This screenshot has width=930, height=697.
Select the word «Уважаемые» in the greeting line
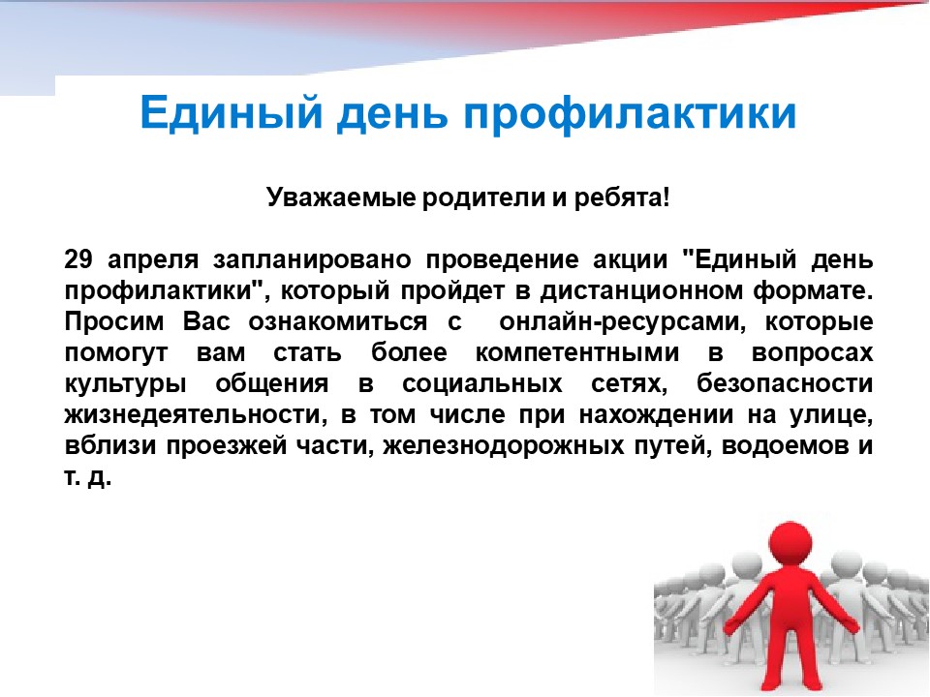point(341,197)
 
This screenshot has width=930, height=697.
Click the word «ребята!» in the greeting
point(622,197)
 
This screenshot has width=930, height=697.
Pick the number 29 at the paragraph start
point(79,259)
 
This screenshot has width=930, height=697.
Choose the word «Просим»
point(114,322)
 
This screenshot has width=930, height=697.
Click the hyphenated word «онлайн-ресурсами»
point(622,322)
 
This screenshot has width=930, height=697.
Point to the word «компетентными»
point(577,353)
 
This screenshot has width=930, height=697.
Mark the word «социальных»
point(481,384)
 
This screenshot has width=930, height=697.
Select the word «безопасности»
point(785,383)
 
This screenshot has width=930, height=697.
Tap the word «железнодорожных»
point(504,445)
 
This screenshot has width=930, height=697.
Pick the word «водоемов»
point(783,445)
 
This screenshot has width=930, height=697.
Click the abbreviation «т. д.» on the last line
point(88,477)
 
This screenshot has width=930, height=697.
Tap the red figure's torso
point(790,598)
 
